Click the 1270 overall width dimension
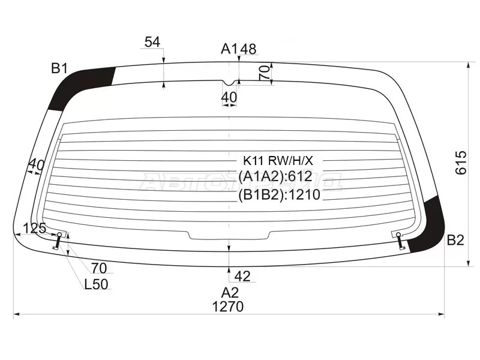[x=228, y=307]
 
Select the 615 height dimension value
[x=461, y=163]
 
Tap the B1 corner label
[x=59, y=68]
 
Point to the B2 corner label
[x=455, y=240]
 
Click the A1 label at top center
[x=230, y=49]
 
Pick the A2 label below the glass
[x=230, y=293]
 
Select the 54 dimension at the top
[x=152, y=42]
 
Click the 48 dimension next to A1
[x=248, y=49]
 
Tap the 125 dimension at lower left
[x=34, y=228]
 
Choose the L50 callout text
[x=96, y=284]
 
